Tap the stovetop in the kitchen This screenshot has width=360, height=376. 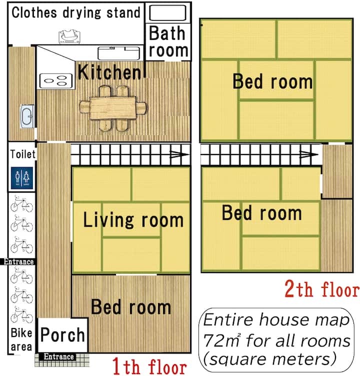tap(56, 81)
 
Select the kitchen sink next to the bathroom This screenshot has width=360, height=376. tap(118, 53)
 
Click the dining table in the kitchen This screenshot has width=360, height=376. tap(112, 108)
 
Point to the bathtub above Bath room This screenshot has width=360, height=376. tap(167, 12)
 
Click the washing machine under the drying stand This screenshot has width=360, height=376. tap(69, 36)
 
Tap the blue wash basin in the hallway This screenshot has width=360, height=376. tap(26, 116)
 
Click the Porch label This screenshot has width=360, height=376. tap(62, 335)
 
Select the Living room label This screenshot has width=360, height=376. tap(133, 220)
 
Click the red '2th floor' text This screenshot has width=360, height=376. tap(322, 289)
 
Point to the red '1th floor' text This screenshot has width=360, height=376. tap(149, 366)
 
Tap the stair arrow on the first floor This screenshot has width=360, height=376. tap(179, 154)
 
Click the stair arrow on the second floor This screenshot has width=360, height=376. tap(309, 154)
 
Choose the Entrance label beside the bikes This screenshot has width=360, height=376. tap(18, 261)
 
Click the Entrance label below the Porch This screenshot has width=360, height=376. tap(59, 357)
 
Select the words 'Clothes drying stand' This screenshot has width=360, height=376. tap(76, 13)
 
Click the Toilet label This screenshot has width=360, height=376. tap(23, 154)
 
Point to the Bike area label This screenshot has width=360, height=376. tap(21, 340)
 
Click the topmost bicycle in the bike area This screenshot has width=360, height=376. tap(22, 204)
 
